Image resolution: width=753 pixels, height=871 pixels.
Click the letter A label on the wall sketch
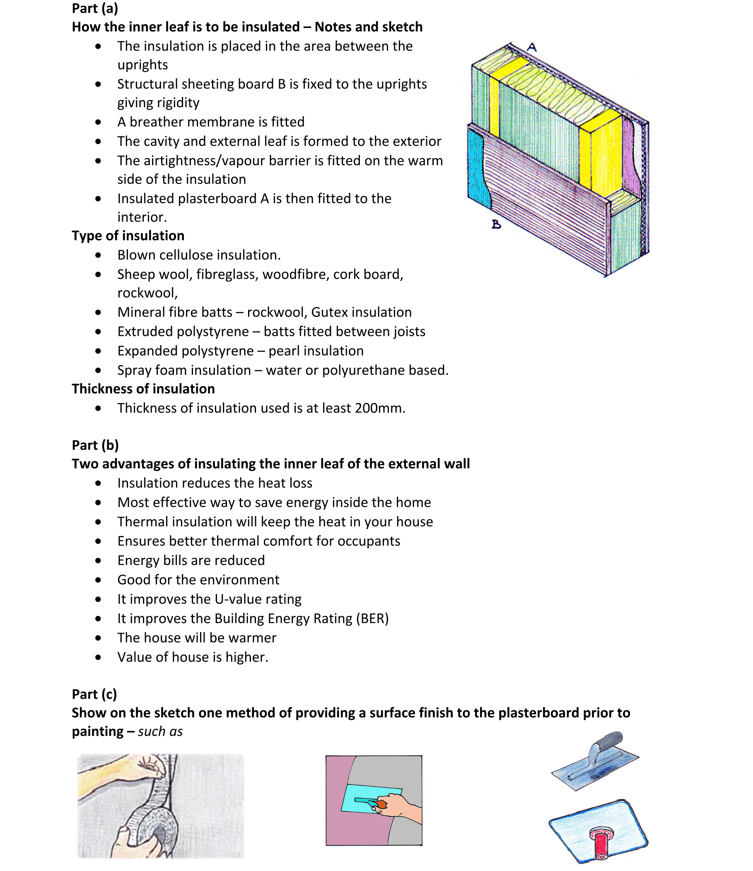click(532, 47)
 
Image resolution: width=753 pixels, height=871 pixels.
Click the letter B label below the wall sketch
click(496, 225)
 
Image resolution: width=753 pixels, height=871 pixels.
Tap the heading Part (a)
click(95, 8)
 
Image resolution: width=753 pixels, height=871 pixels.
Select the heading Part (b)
click(95, 445)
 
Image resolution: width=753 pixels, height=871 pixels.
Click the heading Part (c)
click(94, 694)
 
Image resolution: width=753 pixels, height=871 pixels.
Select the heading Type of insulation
click(128, 235)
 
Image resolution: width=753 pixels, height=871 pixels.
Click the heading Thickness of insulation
click(143, 388)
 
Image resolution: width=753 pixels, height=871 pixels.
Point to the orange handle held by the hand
click(381, 804)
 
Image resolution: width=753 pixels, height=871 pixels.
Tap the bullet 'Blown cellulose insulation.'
click(198, 255)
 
